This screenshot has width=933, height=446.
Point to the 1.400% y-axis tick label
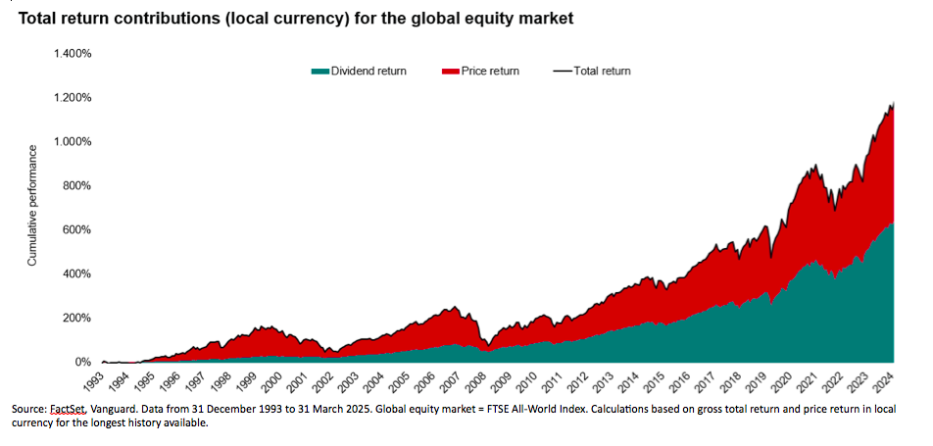pos(72,54)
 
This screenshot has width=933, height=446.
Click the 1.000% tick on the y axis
pos(72,142)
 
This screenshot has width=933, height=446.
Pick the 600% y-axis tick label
pos(77,230)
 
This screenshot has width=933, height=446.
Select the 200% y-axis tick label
pos(77,318)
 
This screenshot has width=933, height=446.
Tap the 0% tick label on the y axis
pos(83,362)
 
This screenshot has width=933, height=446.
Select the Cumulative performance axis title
pos(32,205)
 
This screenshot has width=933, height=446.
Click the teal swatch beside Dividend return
pos(319,71)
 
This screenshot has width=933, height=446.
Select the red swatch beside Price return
pos(451,71)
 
